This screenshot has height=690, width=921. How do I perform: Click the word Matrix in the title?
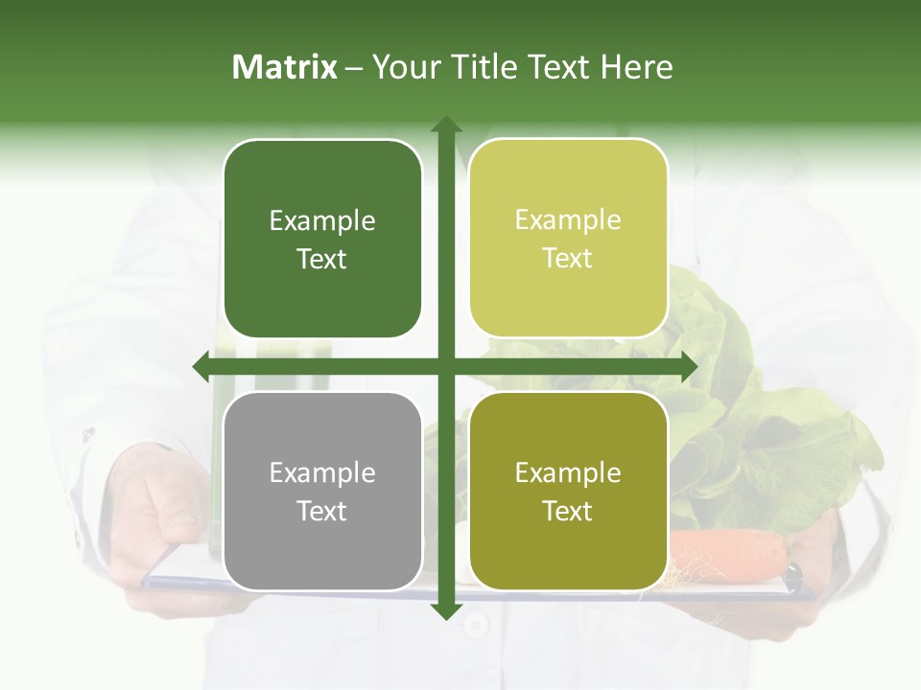tap(285, 67)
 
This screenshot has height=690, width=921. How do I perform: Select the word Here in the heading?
tap(636, 67)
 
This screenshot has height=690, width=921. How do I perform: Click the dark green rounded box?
tap(322, 239)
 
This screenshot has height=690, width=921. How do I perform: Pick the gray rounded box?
tap(322, 491)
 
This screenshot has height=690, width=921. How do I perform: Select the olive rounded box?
tap(568, 491)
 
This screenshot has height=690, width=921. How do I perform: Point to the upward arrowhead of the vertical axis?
tap(445, 125)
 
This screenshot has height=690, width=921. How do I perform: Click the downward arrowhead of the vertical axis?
tap(445, 610)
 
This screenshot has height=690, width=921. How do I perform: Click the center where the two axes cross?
tap(445, 366)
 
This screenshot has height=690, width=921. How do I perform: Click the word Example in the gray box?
tap(322, 472)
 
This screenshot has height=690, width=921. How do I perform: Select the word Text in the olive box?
tap(568, 512)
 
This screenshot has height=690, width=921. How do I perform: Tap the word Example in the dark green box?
tap(322, 220)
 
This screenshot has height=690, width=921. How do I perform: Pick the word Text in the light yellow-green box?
tap(568, 259)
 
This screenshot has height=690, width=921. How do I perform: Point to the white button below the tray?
tap(475, 625)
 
